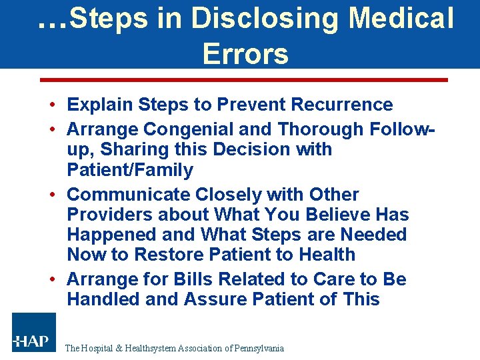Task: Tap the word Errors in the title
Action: point(245,53)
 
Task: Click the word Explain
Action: point(100,105)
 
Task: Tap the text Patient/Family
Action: point(130,170)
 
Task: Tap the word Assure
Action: point(217,299)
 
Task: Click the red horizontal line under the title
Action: point(244,80)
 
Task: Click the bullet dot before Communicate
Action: point(51,195)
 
